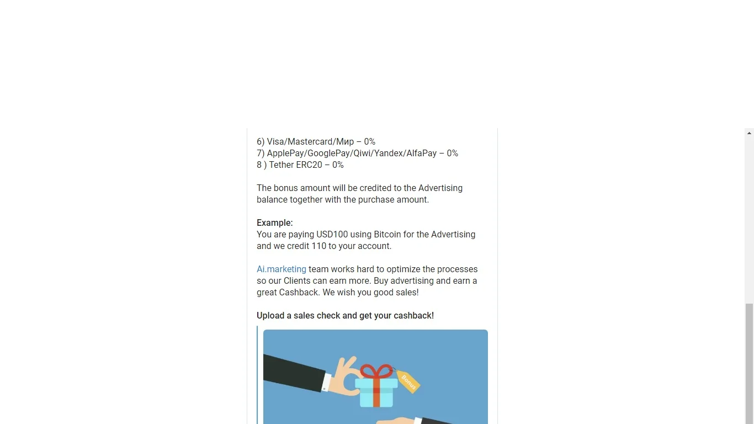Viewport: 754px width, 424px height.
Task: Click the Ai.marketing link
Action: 282,269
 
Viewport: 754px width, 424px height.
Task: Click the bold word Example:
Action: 275,222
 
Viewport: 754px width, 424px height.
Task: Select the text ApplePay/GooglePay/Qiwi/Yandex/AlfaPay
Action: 352,153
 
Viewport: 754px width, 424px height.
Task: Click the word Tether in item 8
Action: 282,165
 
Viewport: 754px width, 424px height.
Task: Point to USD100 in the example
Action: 332,235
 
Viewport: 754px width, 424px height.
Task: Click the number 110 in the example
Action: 319,246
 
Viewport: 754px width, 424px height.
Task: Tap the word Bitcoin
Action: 387,235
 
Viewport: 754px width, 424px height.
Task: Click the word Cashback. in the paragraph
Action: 299,292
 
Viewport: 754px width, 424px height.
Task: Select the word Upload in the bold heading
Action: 270,316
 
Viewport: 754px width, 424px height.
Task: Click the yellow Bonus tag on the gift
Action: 408,381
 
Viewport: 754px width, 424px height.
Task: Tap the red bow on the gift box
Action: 376,371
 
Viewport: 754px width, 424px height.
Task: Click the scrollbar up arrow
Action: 749,133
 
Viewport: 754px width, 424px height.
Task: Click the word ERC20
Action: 309,165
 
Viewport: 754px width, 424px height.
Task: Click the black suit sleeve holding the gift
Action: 293,373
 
